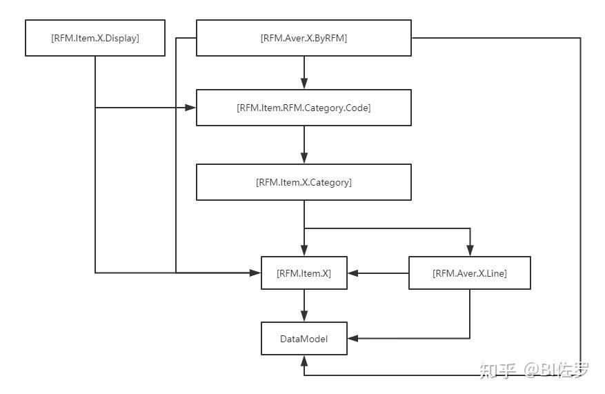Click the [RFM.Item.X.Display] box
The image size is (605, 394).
point(95,38)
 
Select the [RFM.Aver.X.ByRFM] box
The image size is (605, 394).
point(304,38)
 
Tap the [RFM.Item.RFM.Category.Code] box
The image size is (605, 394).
point(304,108)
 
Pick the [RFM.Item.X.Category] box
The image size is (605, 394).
point(304,182)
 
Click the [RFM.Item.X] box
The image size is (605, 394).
point(304,273)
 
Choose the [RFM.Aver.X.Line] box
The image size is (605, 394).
point(470,273)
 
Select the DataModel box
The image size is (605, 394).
point(304,339)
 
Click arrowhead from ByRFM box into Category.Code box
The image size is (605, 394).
point(304,84)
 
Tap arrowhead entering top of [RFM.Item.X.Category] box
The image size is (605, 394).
point(304,159)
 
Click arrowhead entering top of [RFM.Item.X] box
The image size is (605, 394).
point(304,251)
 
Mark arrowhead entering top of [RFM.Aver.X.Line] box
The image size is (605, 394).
point(470,251)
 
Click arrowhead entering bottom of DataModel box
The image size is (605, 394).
point(304,361)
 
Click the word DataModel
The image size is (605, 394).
point(304,339)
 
